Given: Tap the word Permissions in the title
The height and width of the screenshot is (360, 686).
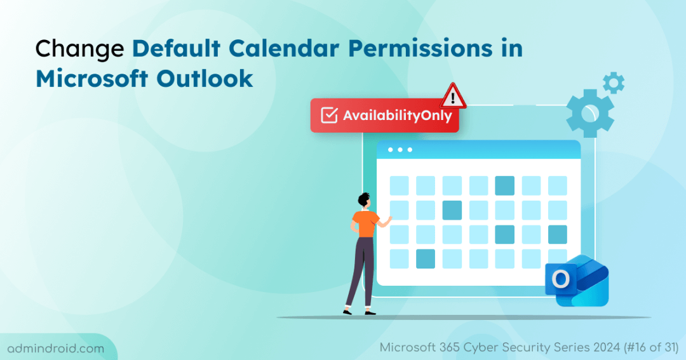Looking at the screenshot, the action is tap(420, 48).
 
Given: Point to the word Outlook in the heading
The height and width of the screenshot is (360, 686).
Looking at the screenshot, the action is tap(205, 79).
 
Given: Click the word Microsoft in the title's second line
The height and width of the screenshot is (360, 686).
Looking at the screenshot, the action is tap(92, 79).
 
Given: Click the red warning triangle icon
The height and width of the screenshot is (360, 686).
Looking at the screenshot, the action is tap(453, 96).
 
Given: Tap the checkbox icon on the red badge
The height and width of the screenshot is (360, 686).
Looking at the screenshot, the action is tap(329, 115).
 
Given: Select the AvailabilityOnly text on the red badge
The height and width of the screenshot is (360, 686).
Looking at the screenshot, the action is tap(397, 116).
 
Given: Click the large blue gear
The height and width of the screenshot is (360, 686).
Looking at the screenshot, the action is tap(589, 113).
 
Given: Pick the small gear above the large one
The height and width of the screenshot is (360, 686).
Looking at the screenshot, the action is tap(614, 83).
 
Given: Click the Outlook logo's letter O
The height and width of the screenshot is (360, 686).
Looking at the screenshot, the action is tap(561, 279).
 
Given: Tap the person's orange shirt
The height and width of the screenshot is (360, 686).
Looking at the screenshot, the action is tap(365, 223).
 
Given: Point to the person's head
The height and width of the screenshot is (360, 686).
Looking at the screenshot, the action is tap(364, 200).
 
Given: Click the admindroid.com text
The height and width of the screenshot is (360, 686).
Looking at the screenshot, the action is tap(56, 349).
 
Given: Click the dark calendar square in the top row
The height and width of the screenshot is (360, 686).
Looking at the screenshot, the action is tap(504, 185).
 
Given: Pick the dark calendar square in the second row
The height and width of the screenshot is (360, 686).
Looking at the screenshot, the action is tap(452, 210).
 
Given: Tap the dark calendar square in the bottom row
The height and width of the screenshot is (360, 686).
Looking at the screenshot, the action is tap(425, 258).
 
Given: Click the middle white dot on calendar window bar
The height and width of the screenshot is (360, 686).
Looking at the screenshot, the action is tap(400, 150).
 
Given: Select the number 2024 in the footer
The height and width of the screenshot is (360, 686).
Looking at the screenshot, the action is tap(607, 347).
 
